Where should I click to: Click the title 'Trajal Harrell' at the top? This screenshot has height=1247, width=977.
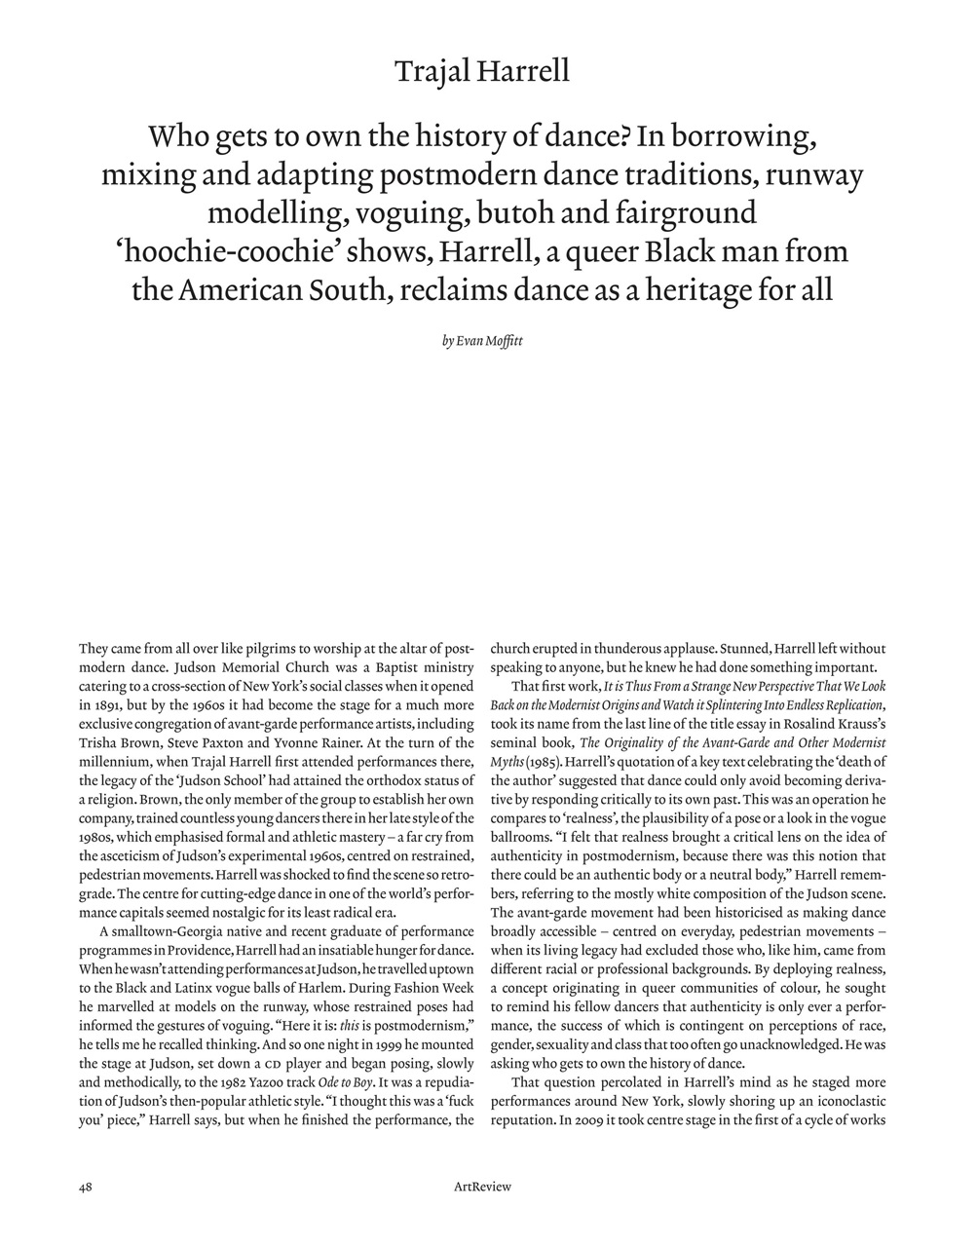482,71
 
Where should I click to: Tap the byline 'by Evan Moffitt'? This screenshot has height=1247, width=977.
482,342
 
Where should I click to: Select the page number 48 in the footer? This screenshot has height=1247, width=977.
86,1187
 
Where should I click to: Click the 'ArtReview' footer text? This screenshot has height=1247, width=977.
482,1187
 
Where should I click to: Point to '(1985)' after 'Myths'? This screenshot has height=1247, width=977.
544,762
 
